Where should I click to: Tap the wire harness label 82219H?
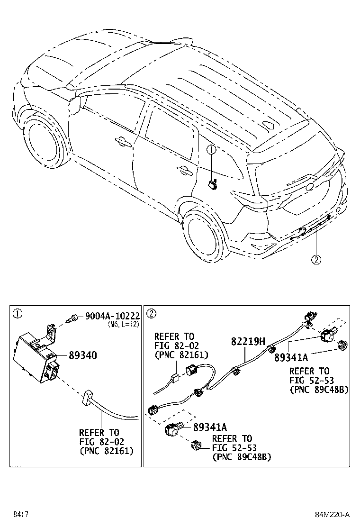point(248,341)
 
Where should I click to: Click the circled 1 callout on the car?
point(211,150)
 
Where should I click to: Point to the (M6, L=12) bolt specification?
point(123,325)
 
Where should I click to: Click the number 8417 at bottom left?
point(20,514)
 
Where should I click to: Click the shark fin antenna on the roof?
point(272,126)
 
